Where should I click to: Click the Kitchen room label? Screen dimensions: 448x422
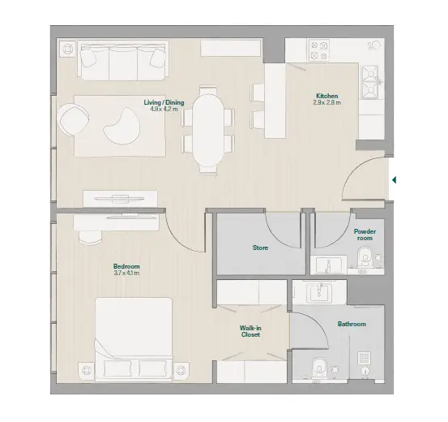pyautogui.click(x=326, y=96)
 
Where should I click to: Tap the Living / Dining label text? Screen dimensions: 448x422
pyautogui.click(x=164, y=102)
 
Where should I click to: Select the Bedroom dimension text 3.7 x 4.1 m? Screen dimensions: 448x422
pyautogui.click(x=126, y=273)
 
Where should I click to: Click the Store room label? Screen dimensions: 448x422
pyautogui.click(x=260, y=248)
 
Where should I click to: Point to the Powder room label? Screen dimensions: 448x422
pyautogui.click(x=365, y=235)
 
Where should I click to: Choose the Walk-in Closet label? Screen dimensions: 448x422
pyautogui.click(x=250, y=331)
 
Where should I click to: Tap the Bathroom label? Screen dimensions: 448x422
pyautogui.click(x=352, y=324)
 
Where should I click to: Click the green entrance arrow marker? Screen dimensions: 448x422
pyautogui.click(x=394, y=180)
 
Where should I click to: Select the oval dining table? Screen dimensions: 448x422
pyautogui.click(x=207, y=131)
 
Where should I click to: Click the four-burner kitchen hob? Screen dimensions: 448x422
pyautogui.click(x=319, y=50)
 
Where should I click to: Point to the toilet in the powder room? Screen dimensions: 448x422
pyautogui.click(x=365, y=256)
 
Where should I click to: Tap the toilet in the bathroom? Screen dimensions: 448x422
pyautogui.click(x=320, y=368)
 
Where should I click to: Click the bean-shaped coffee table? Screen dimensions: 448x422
pyautogui.click(x=122, y=127)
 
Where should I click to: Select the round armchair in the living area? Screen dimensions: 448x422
pyautogui.click(x=73, y=118)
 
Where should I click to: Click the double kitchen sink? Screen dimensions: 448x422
pyautogui.click(x=371, y=82)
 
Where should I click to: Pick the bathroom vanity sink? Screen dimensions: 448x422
pyautogui.click(x=319, y=292)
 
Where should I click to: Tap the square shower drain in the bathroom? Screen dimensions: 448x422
pyautogui.click(x=364, y=358)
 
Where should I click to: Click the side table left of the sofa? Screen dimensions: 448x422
pyautogui.click(x=68, y=49)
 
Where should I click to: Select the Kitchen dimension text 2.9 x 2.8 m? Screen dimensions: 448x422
pyautogui.click(x=326, y=102)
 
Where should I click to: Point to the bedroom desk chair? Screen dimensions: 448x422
pyautogui.click(x=90, y=237)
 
